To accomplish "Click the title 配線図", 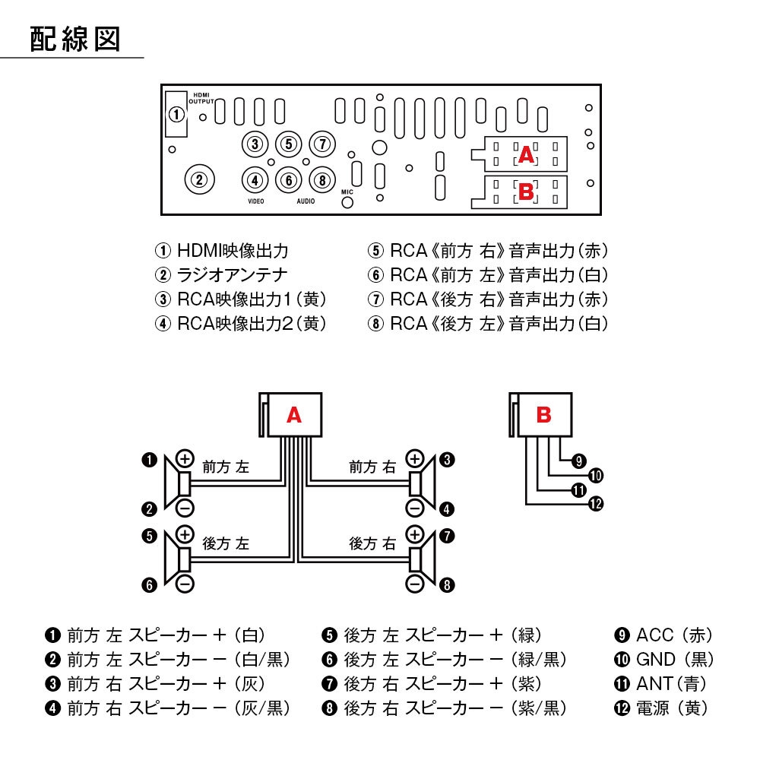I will pos(75,39).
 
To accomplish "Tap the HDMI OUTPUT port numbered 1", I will pos(176,115).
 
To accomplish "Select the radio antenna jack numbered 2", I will pos(198,180).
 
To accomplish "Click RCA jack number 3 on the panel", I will pos(255,144).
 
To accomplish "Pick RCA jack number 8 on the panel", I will pos(322,180).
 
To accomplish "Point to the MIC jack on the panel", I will pos(348,205).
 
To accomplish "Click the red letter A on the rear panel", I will pos(526,156).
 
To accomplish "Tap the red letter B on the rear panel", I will pos(526,192).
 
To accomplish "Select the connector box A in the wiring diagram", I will pos(294,415).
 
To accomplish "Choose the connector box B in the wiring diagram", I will pos(543,415).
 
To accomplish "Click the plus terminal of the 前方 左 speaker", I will pos(185,458).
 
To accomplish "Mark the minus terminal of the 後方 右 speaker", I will pos(414,584).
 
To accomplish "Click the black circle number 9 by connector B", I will pos(578,461).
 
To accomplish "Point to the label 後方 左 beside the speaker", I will pos(226,543).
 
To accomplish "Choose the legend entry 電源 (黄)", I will pos(662,708).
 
